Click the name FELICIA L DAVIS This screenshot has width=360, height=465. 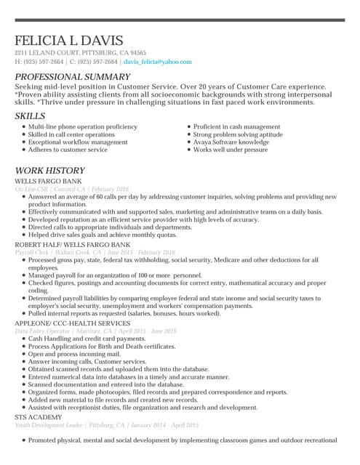coord(69,41)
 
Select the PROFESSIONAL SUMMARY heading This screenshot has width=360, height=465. coord(72,77)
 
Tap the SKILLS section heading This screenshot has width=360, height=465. coord(29,116)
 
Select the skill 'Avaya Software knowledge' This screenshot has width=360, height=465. coord(231,142)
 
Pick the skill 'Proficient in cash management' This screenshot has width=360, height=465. coord(236,127)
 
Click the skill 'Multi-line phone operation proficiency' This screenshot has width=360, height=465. coord(82,127)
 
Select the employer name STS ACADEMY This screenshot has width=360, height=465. coord(39,418)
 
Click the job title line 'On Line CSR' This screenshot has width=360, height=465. coord(71,189)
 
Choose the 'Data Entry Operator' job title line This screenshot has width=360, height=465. coord(95,331)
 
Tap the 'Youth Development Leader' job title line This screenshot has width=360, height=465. coord(106,425)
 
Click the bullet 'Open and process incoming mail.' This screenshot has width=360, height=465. coord(74,354)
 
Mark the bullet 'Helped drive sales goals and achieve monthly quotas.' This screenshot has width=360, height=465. coord(102,235)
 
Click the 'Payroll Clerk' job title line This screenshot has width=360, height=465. coord(95,252)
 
